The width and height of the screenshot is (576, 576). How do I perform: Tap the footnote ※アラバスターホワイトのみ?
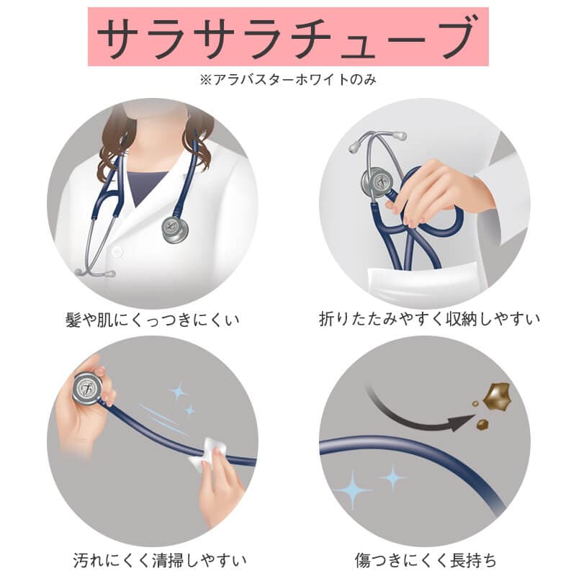click(288, 79)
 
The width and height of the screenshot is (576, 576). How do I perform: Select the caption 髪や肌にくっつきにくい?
click(152, 320)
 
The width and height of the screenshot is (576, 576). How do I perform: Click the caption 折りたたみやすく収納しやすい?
click(429, 319)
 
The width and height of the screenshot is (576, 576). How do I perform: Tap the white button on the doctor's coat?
click(116, 252)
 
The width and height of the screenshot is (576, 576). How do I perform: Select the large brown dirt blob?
click(498, 397)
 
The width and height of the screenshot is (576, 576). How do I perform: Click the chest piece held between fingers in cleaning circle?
click(88, 389)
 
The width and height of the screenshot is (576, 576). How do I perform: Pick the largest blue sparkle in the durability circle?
click(353, 490)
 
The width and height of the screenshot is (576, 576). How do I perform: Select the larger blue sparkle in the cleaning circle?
click(179, 392)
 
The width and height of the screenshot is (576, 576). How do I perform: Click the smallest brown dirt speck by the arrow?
click(475, 404)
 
